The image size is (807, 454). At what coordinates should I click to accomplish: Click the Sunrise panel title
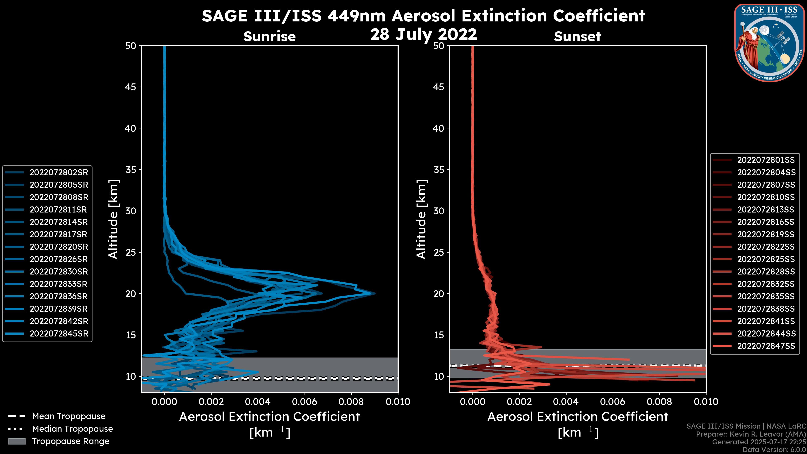(x=269, y=36)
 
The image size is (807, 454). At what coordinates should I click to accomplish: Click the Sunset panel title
(x=577, y=36)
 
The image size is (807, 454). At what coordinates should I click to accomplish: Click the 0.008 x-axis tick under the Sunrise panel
(x=351, y=402)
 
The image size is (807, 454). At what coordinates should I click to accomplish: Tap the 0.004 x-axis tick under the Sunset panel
(x=566, y=402)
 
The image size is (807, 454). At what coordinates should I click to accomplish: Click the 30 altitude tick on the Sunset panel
(x=439, y=211)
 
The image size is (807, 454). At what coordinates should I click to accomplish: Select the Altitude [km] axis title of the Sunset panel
(x=421, y=219)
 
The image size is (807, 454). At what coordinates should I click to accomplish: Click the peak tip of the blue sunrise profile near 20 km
(x=375, y=294)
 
